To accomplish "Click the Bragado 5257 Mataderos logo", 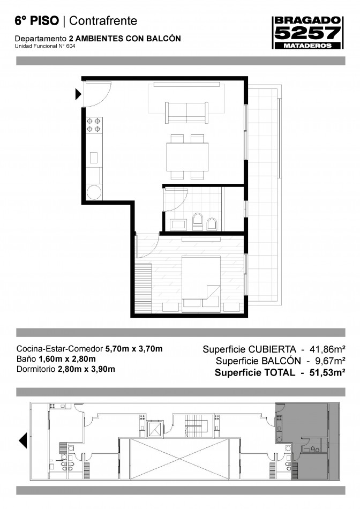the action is tap(307, 33).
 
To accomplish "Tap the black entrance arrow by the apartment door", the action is tap(78, 94).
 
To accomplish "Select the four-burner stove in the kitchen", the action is tap(94, 125).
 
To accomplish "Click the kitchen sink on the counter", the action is tap(94, 158).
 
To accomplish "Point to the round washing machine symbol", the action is tap(94, 192).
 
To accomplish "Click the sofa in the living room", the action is tap(186, 113).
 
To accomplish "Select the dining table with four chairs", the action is tap(187, 157).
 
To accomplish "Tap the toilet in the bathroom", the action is tap(197, 222).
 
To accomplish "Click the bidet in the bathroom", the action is tap(212, 223).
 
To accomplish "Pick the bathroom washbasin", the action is tap(178, 224).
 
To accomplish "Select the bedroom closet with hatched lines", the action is tap(143, 288).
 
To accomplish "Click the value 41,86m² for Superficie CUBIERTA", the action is tap(327, 349).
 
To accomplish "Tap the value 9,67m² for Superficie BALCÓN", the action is tap(329, 361).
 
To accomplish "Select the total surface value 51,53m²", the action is tap(327, 372).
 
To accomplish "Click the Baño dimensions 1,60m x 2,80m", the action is tap(67, 359).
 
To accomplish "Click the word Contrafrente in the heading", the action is tap(103, 21).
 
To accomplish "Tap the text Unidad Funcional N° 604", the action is tap(45, 46).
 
